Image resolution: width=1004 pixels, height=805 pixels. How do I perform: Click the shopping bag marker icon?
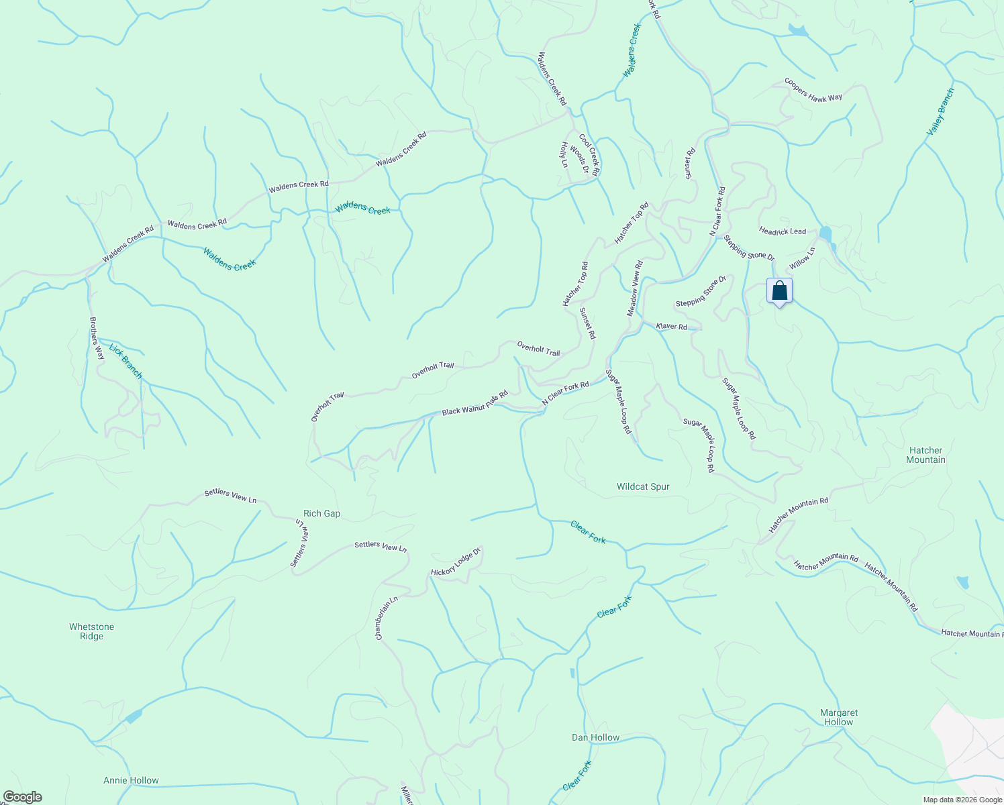(779, 291)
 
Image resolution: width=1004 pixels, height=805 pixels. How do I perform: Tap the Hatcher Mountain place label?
(925, 455)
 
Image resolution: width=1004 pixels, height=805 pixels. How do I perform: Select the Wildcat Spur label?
(643, 486)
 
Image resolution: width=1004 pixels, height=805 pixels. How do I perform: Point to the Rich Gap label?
(322, 513)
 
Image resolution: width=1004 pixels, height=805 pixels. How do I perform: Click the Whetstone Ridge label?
(92, 631)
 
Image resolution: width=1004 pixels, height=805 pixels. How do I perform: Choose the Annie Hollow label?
(131, 780)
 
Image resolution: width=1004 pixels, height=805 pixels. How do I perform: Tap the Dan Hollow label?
(595, 737)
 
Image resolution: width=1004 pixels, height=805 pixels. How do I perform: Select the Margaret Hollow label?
(839, 717)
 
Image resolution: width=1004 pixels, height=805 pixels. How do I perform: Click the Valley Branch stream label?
(940, 111)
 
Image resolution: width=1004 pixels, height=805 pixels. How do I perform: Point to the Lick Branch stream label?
(125, 362)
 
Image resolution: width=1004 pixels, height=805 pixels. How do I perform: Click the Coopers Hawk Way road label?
(813, 90)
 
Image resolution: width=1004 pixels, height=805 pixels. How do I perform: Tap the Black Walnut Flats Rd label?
(474, 404)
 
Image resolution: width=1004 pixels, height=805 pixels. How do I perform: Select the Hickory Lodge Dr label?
(456, 562)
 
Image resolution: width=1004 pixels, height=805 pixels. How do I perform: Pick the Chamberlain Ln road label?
(387, 618)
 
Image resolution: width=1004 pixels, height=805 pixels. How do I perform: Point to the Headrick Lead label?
(783, 231)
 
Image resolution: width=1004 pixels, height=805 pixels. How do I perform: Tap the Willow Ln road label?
(802, 258)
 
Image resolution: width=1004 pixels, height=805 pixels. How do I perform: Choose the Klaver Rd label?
(672, 327)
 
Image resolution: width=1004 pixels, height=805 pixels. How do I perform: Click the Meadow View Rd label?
(634, 288)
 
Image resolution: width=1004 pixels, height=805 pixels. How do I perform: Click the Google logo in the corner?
(22, 797)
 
